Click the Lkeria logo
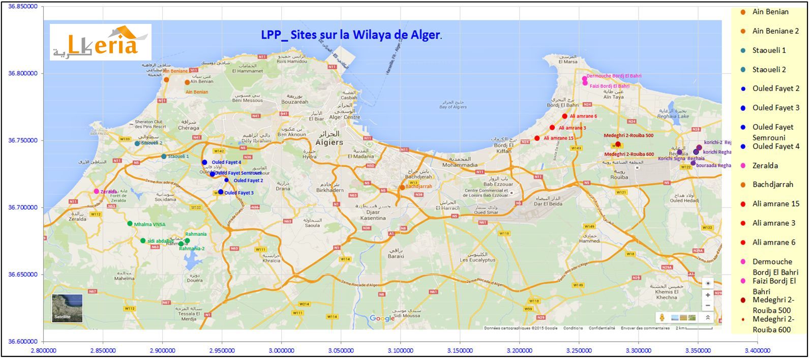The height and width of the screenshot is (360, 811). point(100,42)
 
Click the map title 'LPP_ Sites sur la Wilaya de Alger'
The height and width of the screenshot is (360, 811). point(351,35)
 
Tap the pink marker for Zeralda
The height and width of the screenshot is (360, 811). point(97,191)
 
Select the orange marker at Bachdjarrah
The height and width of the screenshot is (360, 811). point(402,187)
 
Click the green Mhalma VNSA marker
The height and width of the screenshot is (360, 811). point(130,223)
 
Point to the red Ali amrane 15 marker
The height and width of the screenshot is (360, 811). point(537,138)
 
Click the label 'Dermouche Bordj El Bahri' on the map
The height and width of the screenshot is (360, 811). point(614,76)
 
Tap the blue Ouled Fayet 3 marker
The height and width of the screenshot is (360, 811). point(221,192)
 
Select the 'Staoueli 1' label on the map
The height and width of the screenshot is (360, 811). point(178,157)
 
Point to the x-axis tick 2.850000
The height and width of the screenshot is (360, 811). point(103,351)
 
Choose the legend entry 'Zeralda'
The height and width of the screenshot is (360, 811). point(765,166)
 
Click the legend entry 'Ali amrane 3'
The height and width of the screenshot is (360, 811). point(773,223)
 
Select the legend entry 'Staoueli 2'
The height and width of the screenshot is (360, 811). point(769,70)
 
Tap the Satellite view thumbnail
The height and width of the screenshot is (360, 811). point(67,308)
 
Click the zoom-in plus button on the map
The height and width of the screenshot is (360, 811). point(708,295)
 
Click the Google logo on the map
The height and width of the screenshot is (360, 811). point(382,319)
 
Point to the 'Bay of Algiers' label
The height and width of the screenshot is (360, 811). point(453,107)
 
